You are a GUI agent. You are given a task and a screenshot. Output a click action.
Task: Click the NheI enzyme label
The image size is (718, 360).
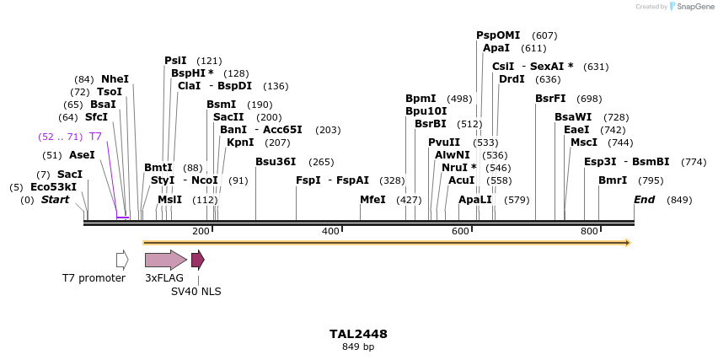115,79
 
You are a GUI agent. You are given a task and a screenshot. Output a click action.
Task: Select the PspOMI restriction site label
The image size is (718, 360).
498,35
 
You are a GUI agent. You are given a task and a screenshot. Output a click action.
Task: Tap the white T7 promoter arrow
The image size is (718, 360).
122,260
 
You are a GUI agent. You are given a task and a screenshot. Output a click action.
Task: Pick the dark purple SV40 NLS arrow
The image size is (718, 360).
197,260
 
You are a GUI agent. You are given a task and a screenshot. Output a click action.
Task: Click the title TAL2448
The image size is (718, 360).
358,334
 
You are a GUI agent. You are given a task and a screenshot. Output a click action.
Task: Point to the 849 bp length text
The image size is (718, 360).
358,347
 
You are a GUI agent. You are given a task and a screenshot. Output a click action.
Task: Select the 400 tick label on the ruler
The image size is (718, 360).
330,231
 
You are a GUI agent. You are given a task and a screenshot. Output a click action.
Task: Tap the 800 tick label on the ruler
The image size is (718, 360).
589,231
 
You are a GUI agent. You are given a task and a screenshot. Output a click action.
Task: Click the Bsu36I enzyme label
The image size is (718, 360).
276,162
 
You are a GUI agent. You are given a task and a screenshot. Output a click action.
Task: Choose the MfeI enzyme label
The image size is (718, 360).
372,200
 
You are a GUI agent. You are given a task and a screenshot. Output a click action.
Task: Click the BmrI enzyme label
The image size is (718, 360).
613,180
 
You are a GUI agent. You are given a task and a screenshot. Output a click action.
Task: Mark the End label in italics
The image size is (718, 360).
644,200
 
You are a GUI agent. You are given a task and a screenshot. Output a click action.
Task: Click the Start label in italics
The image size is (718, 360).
55,200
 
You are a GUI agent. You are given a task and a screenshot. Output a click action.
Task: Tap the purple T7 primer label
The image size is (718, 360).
95,137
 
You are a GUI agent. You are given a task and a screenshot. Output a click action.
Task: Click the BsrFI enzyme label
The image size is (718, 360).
550,99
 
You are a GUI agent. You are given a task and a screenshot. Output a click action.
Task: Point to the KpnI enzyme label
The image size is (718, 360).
240,142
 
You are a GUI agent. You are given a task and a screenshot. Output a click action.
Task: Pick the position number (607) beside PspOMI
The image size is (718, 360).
545,35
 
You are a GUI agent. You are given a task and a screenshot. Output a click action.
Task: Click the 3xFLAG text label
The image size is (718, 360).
164,278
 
